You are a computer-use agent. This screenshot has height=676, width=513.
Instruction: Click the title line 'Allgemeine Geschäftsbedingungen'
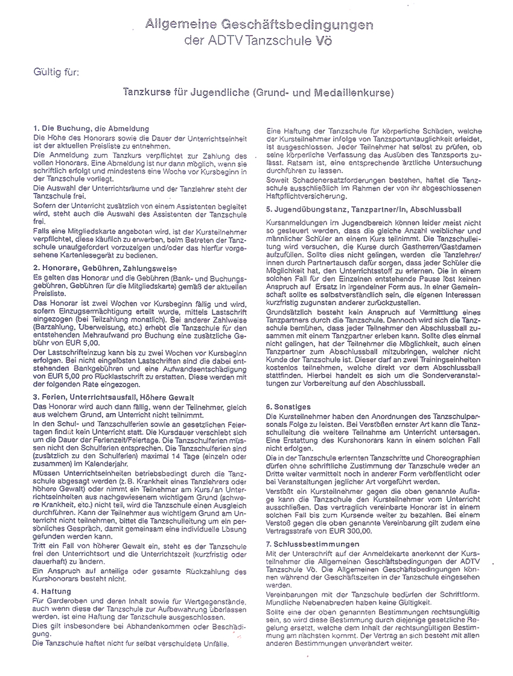(259, 25)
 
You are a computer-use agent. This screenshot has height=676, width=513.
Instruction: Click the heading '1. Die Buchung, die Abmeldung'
(91, 129)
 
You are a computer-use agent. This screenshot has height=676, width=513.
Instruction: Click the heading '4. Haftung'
(53, 591)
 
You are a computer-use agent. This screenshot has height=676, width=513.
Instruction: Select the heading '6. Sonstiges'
(288, 407)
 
